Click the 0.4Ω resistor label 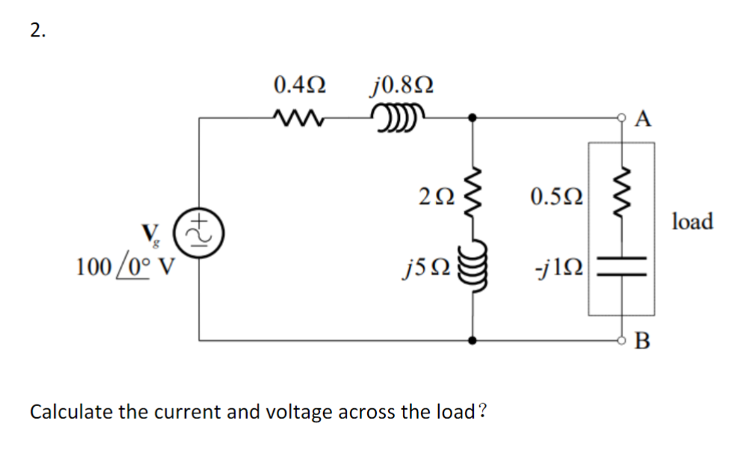(299, 84)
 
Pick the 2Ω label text (437, 197)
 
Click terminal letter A (645, 119)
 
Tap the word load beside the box (692, 221)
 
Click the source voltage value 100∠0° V (125, 266)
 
